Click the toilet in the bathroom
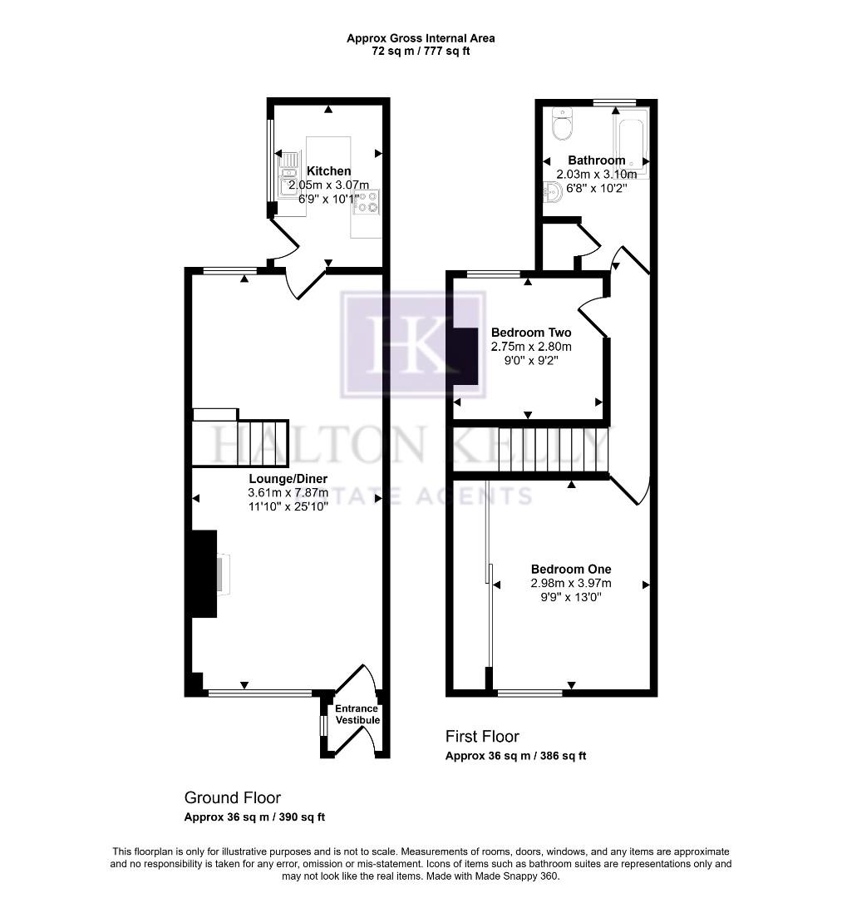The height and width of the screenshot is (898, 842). pos(562,126)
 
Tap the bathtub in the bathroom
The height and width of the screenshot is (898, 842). pos(630,141)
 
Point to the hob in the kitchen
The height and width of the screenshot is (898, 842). pos(367,202)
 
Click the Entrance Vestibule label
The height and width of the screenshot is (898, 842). pos(357,714)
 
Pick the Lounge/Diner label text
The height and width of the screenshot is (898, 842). pos(288,479)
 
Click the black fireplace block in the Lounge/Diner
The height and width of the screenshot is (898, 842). pos(204,574)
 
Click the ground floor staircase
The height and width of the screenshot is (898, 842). pos(240,443)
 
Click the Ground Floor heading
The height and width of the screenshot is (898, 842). pos(232,798)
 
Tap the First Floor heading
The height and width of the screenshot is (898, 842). pos(482,737)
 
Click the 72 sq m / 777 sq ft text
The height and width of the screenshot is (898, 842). pos(421,52)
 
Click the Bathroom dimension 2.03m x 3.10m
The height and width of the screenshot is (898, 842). pos(596,175)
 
